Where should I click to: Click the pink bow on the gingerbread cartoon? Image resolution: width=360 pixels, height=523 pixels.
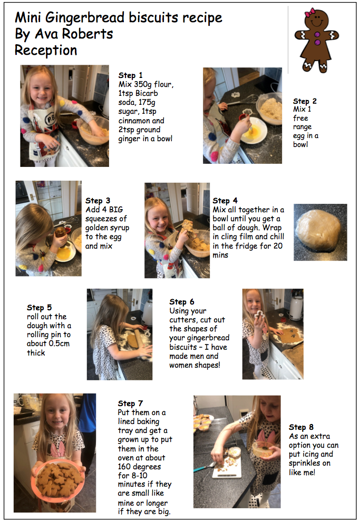tap(310, 12)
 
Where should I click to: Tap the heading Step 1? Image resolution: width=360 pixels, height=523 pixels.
tap(130, 75)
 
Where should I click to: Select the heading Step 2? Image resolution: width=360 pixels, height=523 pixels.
tap(305, 101)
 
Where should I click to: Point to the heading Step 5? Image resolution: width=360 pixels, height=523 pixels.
tap(39, 308)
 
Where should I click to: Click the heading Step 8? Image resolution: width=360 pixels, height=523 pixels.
tap(301, 427)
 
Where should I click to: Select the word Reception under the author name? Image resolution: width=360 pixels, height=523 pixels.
tap(46, 51)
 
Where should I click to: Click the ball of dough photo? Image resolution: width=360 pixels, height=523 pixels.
tap(320, 232)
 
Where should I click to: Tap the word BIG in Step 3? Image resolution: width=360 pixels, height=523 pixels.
tap(116, 210)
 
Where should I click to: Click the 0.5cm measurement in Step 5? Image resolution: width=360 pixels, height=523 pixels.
tap(59, 343)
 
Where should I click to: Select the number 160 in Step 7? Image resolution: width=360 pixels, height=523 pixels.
tap(124, 467)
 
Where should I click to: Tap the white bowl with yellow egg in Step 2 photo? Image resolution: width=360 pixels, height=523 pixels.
tap(253, 131)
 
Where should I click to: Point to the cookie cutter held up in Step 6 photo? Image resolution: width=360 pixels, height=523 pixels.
tap(259, 315)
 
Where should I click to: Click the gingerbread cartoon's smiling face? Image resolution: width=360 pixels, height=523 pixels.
tap(316, 20)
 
